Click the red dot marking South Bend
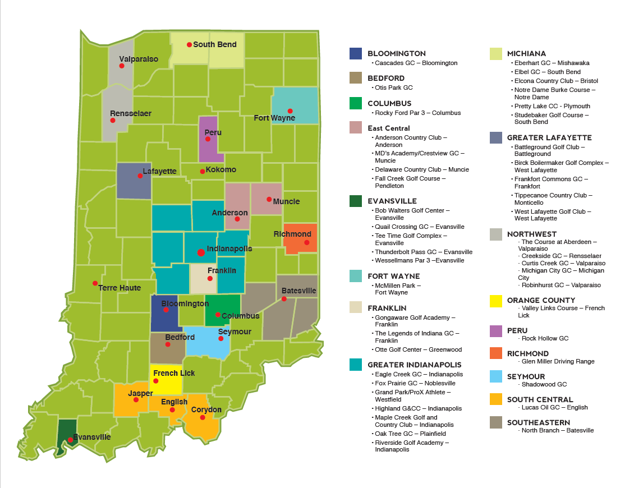pyautogui.click(x=190, y=45)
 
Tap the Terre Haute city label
pyautogui.click(x=120, y=288)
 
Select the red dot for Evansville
pyautogui.click(x=70, y=440)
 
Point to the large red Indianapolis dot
pyautogui.click(x=201, y=252)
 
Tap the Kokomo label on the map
pyautogui.click(x=220, y=169)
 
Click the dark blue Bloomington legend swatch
pyautogui.click(x=355, y=53)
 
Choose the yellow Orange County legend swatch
pyautogui.click(x=496, y=300)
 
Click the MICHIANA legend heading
pyautogui.click(x=526, y=53)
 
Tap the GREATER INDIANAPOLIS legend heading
pyautogui.click(x=415, y=365)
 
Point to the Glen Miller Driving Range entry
pyautogui.click(x=558, y=361)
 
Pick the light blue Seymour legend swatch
pyautogui.click(x=496, y=376)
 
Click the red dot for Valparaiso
pyautogui.click(x=121, y=66)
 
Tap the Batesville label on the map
pyautogui.click(x=298, y=291)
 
